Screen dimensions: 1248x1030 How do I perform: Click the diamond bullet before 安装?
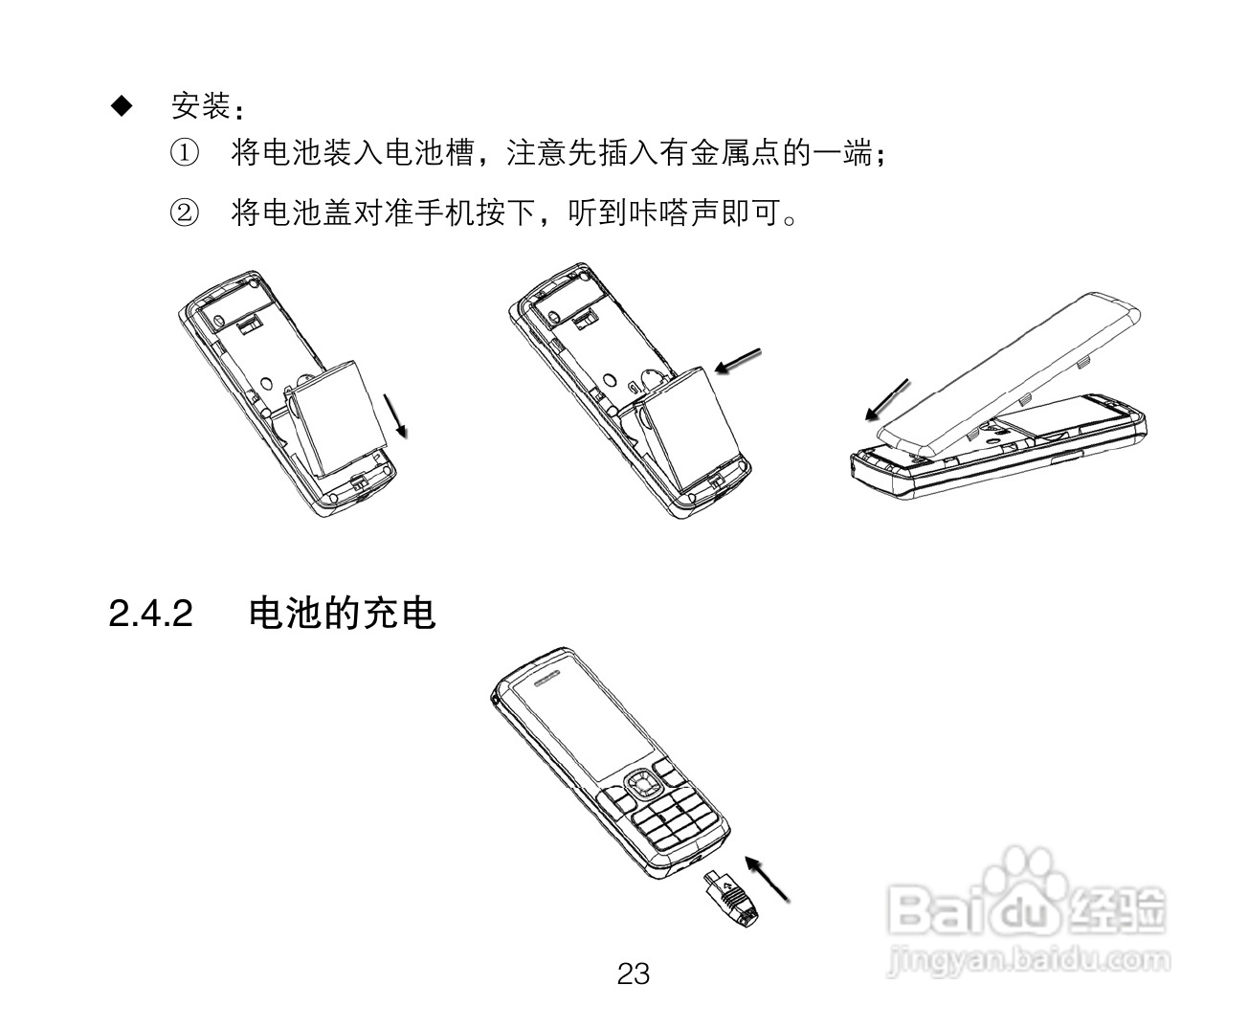pyautogui.click(x=121, y=104)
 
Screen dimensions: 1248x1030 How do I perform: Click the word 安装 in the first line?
pyautogui.click(x=199, y=105)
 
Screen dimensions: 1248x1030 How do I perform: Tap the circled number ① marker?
pyautogui.click(x=185, y=153)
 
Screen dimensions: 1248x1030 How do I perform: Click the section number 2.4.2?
pyautogui.click(x=151, y=614)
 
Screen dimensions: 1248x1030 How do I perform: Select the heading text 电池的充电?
pyautogui.click(x=342, y=614)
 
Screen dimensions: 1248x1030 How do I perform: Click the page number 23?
pyautogui.click(x=633, y=974)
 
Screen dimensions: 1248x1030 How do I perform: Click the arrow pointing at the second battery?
pyautogui.click(x=740, y=362)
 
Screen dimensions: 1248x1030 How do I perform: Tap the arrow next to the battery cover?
pyautogui.click(x=886, y=398)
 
